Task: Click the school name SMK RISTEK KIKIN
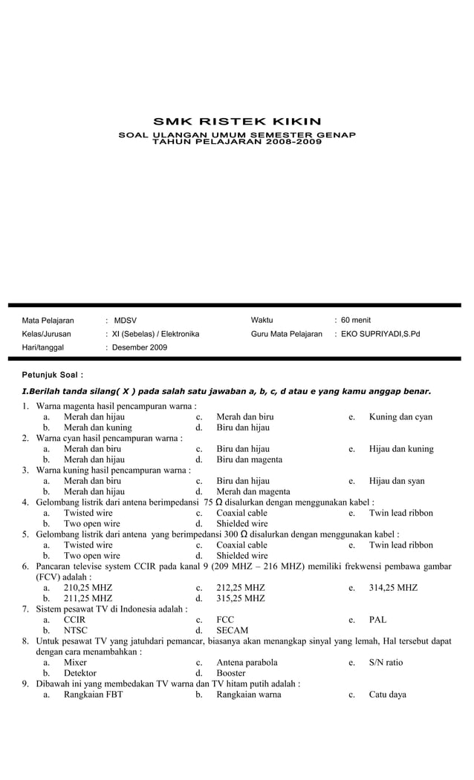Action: (237, 122)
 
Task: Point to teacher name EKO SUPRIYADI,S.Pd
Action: (380, 334)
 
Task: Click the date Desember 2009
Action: (140, 347)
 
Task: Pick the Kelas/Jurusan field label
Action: (46, 334)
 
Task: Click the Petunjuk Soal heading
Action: (52, 375)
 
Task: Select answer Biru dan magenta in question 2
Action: (249, 459)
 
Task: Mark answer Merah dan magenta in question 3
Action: (253, 491)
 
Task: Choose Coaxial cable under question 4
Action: (241, 513)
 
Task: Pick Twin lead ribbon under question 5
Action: (400, 545)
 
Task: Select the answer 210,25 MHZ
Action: (88, 588)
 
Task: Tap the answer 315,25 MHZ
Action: (240, 598)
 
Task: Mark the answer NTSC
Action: (75, 630)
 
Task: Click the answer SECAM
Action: (232, 630)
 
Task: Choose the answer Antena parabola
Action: (247, 663)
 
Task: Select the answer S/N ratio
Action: (386, 663)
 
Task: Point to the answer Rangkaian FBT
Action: (93, 695)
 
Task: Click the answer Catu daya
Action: (387, 695)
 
